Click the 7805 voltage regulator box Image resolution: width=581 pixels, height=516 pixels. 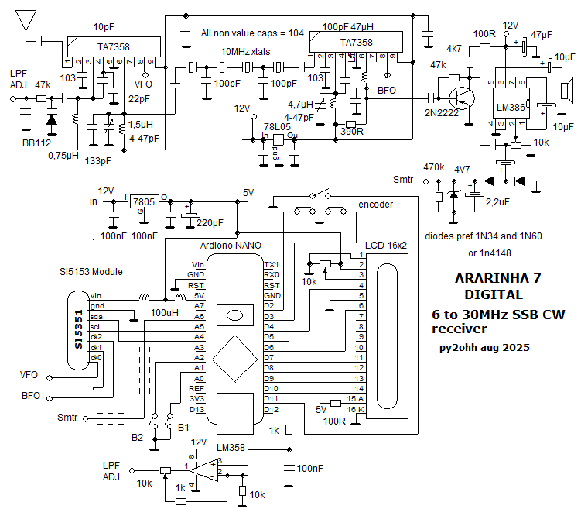(x=142, y=201)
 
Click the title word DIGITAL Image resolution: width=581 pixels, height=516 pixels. (x=493, y=294)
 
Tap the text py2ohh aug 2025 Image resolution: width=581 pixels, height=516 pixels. (x=484, y=348)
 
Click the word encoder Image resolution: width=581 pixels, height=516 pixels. (x=375, y=205)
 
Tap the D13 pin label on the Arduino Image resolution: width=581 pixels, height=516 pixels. (x=197, y=409)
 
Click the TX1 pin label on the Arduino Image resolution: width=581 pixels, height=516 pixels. (x=272, y=265)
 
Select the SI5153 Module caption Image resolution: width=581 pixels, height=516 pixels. (x=91, y=273)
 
